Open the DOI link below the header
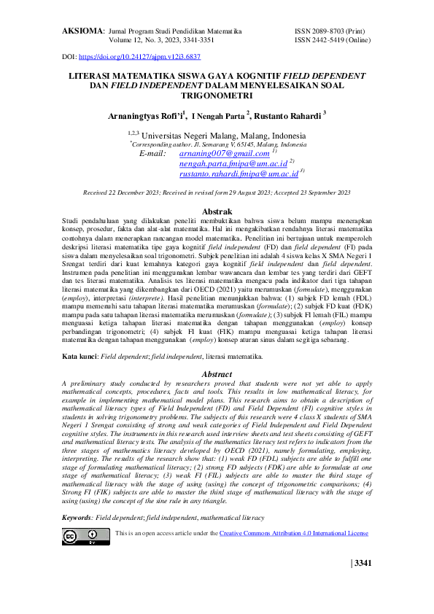pos(139,56)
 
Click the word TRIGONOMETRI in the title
pos(217,96)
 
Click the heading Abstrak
pos(217,211)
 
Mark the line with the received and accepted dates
pos(217,193)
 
